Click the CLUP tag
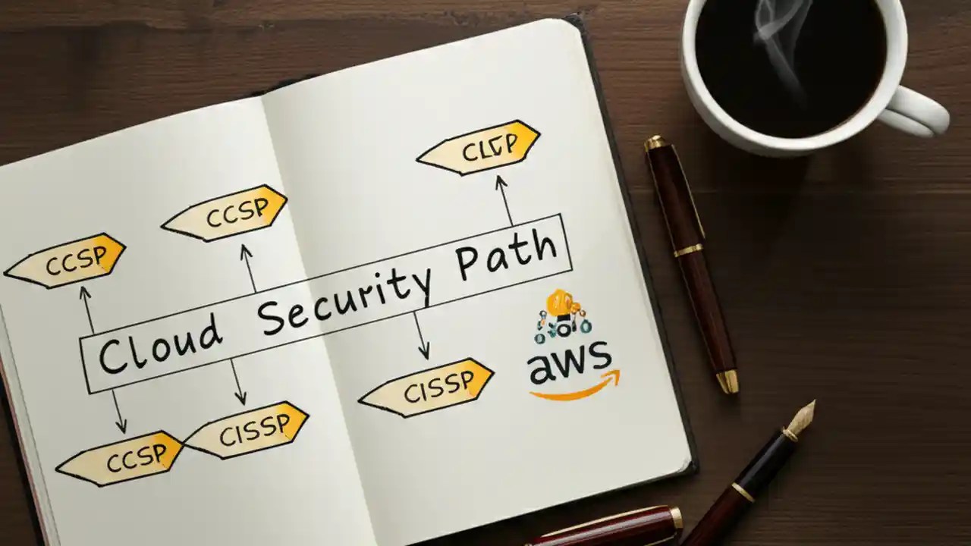coord(479,147)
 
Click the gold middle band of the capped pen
coord(689,250)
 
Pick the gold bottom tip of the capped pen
coord(727,382)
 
